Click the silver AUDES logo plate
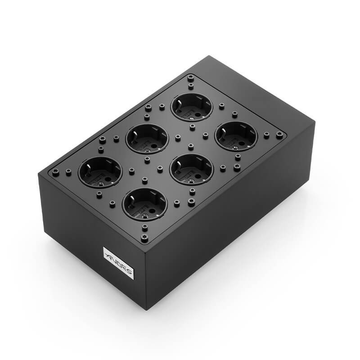[x=118, y=262]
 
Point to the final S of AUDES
[x=129, y=271]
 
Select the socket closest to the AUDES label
[x=145, y=204]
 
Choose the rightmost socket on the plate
[x=236, y=136]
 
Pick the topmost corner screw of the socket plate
[x=190, y=78]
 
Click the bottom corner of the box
[x=146, y=309]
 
